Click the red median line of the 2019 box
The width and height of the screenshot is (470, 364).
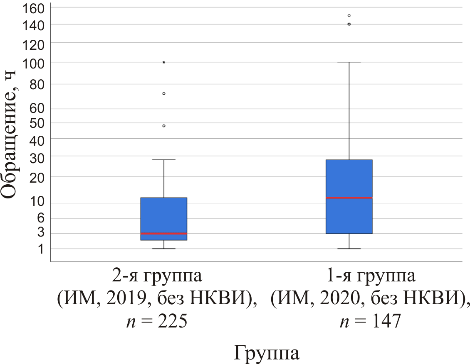(164, 234)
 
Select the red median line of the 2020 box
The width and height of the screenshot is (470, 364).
(349, 198)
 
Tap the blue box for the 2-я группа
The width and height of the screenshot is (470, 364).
(164, 216)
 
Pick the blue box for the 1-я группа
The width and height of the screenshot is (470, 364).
(349, 178)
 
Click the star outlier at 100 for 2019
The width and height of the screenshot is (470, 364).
(164, 62)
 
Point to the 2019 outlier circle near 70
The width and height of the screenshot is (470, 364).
(164, 93)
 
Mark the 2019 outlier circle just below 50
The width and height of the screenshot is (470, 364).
(164, 126)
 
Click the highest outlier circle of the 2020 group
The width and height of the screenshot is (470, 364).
(349, 16)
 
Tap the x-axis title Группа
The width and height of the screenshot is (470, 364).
(267, 353)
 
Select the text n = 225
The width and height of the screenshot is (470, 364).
(156, 321)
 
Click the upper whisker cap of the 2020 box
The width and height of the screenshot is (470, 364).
(349, 62)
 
